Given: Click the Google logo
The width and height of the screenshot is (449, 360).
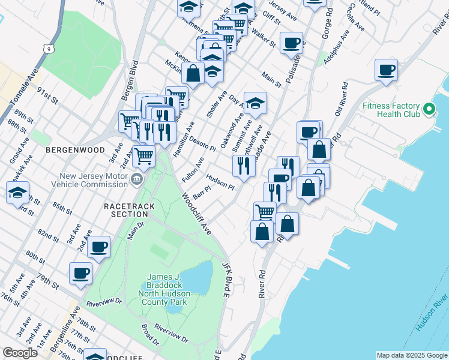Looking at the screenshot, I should [x=20, y=353].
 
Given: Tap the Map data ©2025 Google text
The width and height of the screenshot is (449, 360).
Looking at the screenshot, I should [x=411, y=355].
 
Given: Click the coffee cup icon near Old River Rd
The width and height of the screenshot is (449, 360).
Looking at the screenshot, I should [x=385, y=69].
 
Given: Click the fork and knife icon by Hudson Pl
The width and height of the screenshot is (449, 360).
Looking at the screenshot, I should [x=243, y=165].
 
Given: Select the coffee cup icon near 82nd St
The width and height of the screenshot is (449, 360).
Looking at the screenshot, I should [x=99, y=246].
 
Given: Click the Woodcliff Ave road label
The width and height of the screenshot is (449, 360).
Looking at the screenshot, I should [x=197, y=214].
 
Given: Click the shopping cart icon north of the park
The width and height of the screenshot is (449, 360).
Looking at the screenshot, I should [x=143, y=156].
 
